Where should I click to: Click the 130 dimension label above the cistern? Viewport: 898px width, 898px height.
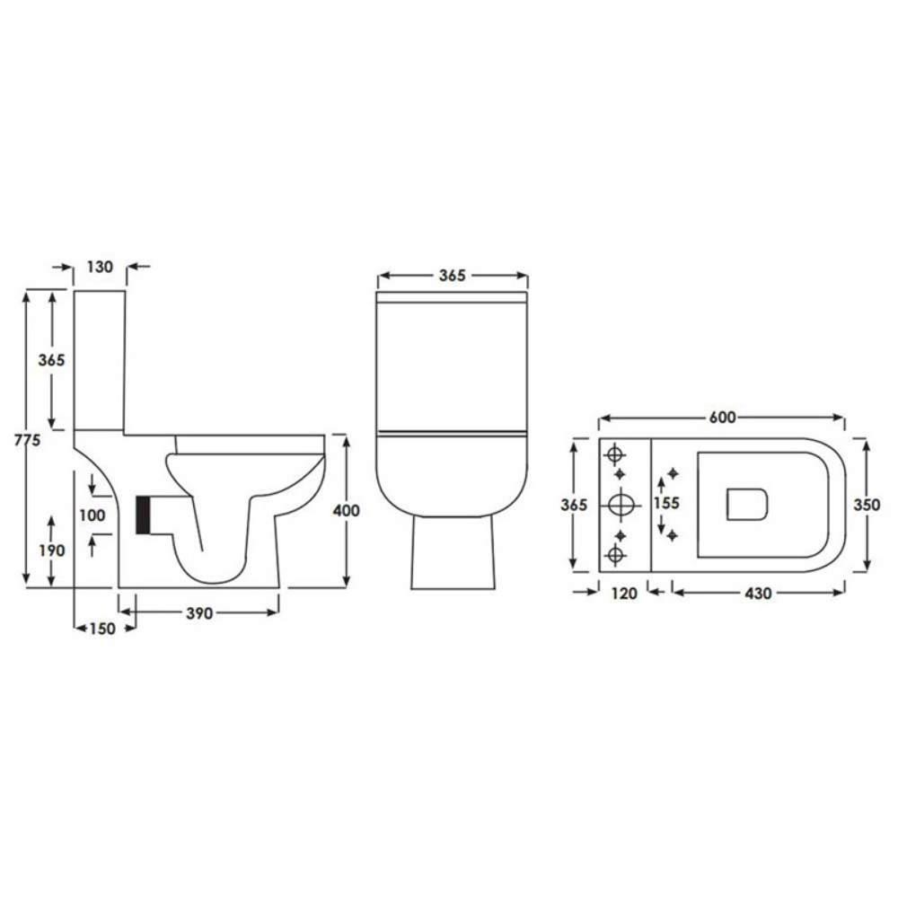click(101, 267)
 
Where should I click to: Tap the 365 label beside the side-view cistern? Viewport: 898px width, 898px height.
click(52, 359)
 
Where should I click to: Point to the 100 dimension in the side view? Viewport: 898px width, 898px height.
click(92, 515)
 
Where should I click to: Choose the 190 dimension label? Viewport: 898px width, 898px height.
click(52, 550)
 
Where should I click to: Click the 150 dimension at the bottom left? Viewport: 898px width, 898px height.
click(101, 629)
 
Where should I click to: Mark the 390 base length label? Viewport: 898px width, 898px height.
click(199, 613)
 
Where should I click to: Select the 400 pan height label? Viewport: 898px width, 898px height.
click(346, 510)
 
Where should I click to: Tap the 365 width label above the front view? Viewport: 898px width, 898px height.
click(452, 276)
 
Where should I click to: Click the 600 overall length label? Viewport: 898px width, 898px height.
click(722, 418)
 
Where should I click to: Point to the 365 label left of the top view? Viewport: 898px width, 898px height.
click(574, 505)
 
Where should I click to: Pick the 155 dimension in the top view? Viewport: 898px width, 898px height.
click(665, 504)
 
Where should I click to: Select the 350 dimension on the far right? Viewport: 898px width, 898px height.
click(866, 505)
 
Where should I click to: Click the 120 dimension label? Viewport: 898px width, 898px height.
click(623, 593)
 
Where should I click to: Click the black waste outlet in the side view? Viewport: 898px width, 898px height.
click(143, 515)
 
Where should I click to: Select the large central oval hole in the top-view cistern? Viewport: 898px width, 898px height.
click(621, 505)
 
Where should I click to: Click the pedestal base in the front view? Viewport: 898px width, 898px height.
click(453, 553)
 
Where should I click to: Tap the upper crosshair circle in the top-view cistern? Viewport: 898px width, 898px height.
click(616, 452)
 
